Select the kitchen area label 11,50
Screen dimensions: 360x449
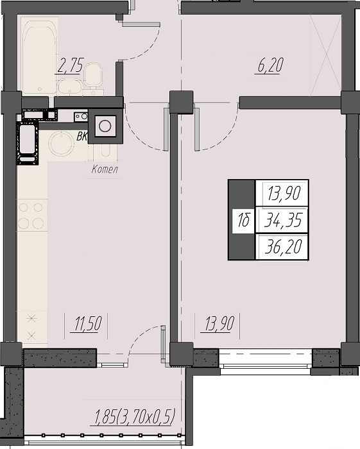(x=88, y=323)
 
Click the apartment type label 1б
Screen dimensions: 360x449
(x=243, y=221)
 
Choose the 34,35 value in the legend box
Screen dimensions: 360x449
(x=283, y=221)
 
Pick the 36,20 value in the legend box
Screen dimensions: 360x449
(x=283, y=247)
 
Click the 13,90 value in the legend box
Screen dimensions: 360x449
(x=284, y=193)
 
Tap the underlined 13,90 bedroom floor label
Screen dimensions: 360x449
(x=219, y=323)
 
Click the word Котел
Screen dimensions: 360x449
(x=105, y=169)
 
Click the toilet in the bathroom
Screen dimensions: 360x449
(x=93, y=75)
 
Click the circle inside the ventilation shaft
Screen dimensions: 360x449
(x=105, y=126)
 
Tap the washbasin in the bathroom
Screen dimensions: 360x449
(x=69, y=87)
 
